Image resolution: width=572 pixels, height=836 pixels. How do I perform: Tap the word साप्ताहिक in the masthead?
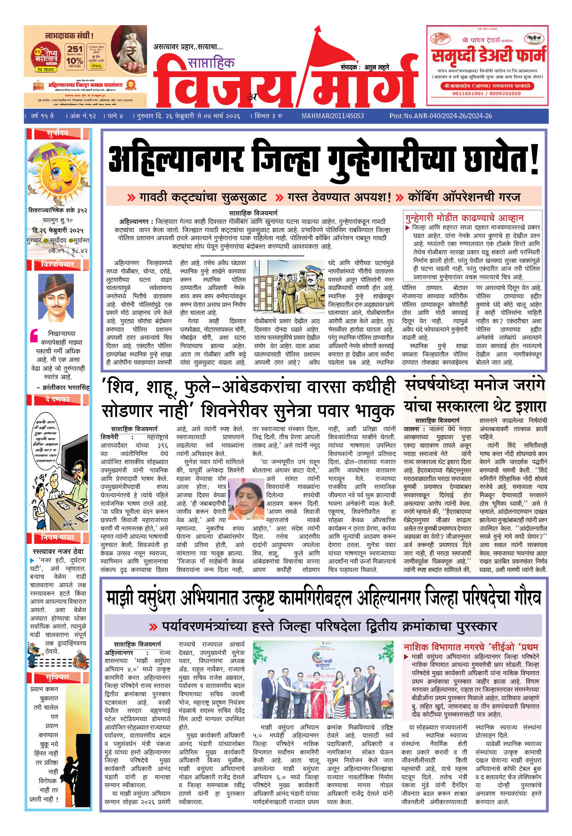[211, 62]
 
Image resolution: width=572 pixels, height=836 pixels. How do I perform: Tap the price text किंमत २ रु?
[268, 116]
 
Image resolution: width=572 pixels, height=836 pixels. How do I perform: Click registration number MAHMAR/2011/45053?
[332, 116]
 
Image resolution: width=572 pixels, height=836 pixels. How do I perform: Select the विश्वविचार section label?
[57, 264]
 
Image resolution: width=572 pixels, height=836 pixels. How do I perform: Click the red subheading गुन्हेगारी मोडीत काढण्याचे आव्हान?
[464, 218]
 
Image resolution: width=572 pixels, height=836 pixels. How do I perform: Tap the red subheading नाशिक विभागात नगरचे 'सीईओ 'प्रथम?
[471, 647]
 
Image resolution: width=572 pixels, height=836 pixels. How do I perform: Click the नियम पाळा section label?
[57, 538]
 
